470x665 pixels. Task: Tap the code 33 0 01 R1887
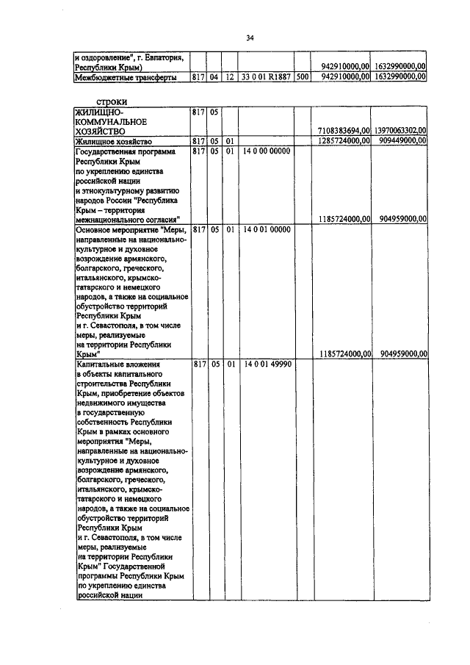265,76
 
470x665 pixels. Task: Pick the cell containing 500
302,76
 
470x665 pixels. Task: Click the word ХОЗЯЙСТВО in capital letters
104,131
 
